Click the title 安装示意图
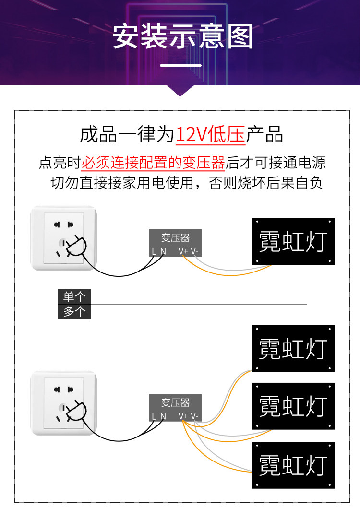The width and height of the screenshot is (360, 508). coord(182,36)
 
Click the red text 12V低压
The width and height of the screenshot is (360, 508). coord(210,134)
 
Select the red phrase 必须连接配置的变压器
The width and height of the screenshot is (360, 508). coord(153,163)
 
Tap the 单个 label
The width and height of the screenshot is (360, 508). coord(74,296)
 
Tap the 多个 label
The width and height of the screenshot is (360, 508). coord(74,312)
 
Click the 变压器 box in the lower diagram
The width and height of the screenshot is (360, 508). coord(176,408)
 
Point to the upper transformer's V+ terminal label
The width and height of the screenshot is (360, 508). coord(183,251)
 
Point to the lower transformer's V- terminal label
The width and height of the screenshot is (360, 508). coord(194,416)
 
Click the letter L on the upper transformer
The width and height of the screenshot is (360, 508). coord(154,252)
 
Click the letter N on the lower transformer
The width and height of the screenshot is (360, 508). coord(163,417)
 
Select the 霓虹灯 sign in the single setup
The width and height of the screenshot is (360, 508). coord(293,241)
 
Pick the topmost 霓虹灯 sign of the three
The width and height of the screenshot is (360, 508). coord(293,349)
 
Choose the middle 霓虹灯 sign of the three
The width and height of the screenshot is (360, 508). coord(293,406)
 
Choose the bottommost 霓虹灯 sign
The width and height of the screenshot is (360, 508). coord(293,465)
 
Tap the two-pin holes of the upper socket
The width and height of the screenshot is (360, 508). coord(63,224)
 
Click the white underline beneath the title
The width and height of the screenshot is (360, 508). coord(180,65)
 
